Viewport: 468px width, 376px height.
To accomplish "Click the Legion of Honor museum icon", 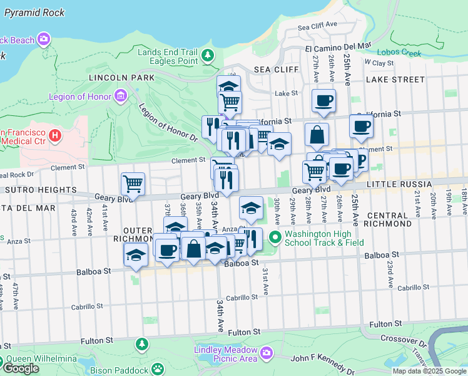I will (120, 97).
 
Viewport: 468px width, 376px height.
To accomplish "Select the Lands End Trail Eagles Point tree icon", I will (207, 57).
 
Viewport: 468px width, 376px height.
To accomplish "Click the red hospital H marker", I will (55, 135).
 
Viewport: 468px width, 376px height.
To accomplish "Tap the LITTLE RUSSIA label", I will (399, 184).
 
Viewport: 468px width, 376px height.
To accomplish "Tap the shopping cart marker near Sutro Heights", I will (133, 184).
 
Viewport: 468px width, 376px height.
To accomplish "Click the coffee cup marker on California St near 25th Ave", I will (361, 126).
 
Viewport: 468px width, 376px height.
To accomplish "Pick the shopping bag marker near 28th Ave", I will (317, 133).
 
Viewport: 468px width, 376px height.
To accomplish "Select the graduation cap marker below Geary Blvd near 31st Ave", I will (251, 207).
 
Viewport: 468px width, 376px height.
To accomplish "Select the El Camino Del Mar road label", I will (338, 47).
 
